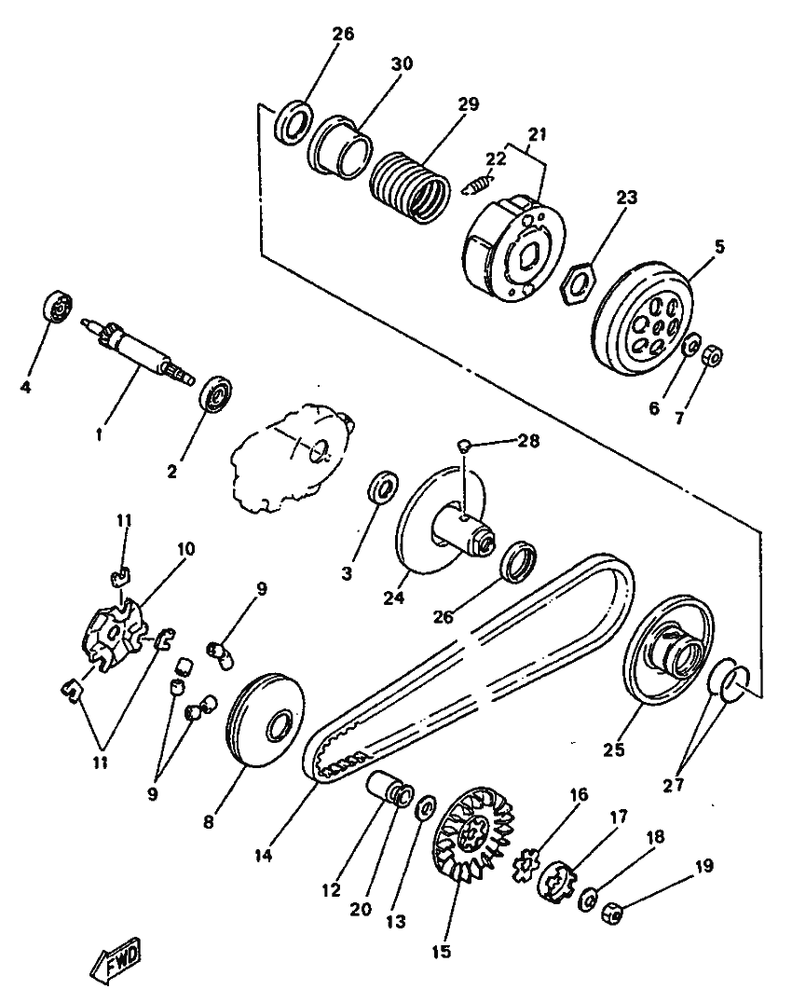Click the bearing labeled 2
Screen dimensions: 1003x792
(217, 393)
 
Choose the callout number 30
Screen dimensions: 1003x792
(402, 63)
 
